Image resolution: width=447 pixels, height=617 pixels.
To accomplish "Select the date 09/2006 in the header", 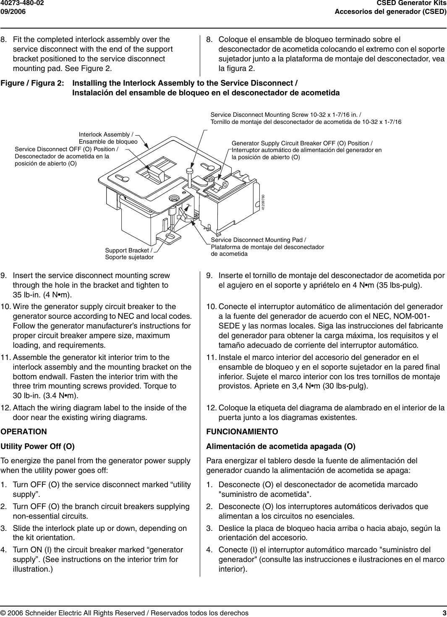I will point(13,11).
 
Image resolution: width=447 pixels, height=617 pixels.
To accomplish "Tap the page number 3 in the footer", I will point(444,613).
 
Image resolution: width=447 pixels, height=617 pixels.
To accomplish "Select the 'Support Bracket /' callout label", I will point(128,250).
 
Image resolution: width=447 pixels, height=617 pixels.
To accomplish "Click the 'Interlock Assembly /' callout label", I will point(106,134).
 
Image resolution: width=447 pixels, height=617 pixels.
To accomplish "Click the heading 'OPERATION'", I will point(24,432).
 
